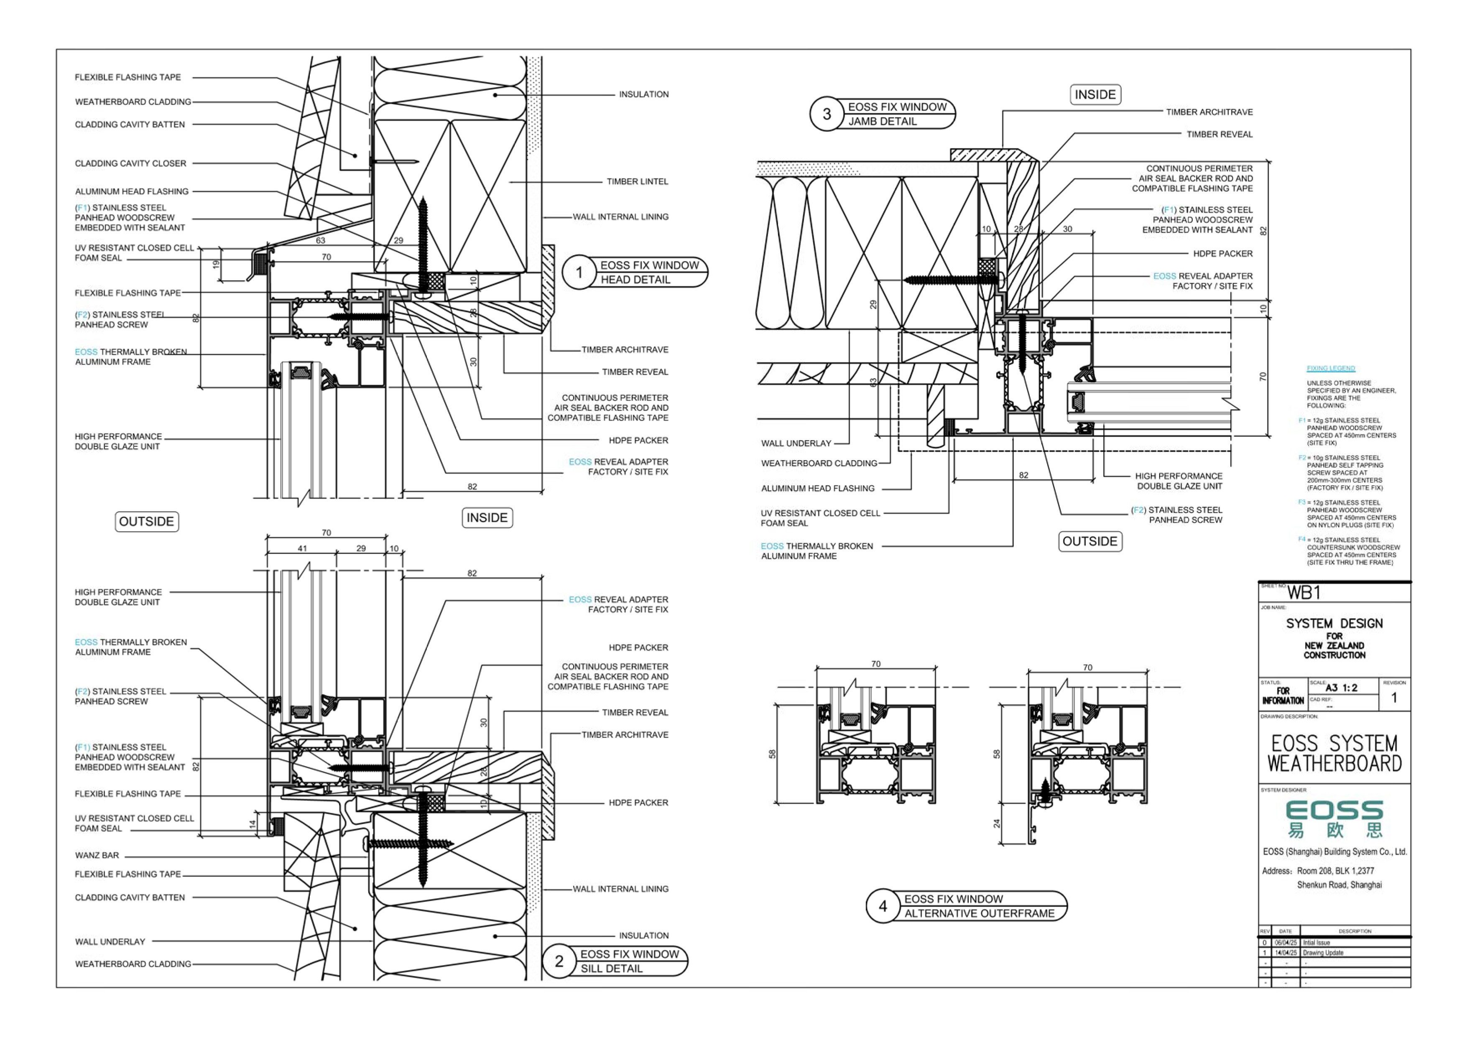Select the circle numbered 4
[x=883, y=906]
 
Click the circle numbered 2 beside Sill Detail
[x=559, y=961]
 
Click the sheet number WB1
[x=1304, y=593]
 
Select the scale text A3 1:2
[x=1341, y=688]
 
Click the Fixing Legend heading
[x=1330, y=368]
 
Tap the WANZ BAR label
[x=97, y=855]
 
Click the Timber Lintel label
[x=637, y=181]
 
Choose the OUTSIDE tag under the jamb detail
[x=1089, y=541]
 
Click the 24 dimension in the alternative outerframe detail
[x=997, y=823]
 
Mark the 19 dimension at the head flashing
[x=216, y=263]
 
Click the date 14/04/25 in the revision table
[x=1286, y=953]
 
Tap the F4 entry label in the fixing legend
[x=1301, y=539]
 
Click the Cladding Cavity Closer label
[x=130, y=163]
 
